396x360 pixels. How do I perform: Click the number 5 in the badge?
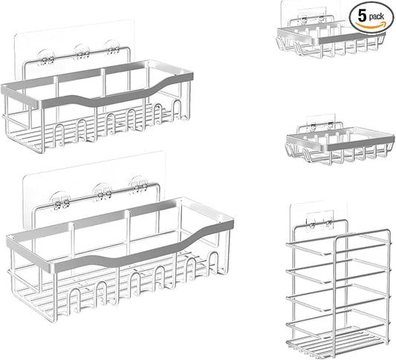tap(362, 16)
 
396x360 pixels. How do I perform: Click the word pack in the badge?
tap(376, 16)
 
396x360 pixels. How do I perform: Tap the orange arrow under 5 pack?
tap(371, 25)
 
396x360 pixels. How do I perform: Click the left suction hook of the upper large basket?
tap(46, 58)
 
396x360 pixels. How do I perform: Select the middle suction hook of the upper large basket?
tap(81, 52)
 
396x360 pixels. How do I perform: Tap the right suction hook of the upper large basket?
tap(112, 47)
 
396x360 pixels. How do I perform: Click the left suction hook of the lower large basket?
tap(60, 201)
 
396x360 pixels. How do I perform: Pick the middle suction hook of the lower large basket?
tap(103, 192)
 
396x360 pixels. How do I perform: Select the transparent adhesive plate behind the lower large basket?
tap(94, 187)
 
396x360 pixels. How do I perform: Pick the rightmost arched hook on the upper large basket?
tap(177, 109)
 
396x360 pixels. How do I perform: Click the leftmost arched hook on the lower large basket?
tap(75, 300)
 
